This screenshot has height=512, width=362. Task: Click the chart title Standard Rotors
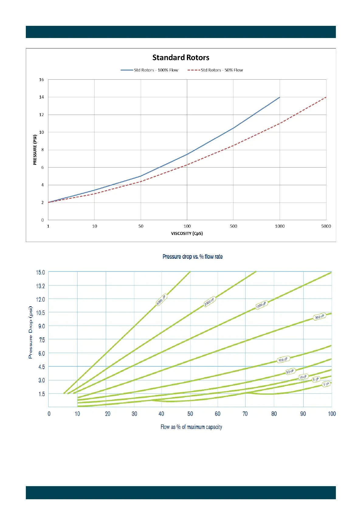click(x=181, y=57)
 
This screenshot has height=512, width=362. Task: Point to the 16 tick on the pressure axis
click(x=42, y=80)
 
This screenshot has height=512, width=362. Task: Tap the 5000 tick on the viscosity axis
click(x=326, y=226)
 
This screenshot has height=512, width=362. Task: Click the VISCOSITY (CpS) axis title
click(x=187, y=234)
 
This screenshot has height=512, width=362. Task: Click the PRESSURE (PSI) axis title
click(x=35, y=150)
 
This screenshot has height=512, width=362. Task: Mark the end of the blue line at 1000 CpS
click(x=280, y=97)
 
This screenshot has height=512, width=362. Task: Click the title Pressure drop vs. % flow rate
click(x=192, y=257)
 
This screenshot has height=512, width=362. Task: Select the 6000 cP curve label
click(x=161, y=300)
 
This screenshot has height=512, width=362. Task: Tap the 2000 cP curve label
click(x=209, y=301)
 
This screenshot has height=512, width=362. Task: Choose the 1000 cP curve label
click(x=261, y=305)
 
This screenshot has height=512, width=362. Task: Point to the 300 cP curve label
click(x=319, y=317)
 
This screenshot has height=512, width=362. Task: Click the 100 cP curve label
click(x=283, y=360)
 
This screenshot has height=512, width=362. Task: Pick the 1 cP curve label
click(x=326, y=384)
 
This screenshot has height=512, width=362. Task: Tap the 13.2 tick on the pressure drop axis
click(x=40, y=286)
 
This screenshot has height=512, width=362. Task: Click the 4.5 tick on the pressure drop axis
click(x=42, y=367)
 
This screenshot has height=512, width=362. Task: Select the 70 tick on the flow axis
click(x=245, y=414)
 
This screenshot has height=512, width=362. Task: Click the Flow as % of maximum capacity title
click(x=191, y=427)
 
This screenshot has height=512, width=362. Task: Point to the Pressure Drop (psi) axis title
click(x=30, y=332)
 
